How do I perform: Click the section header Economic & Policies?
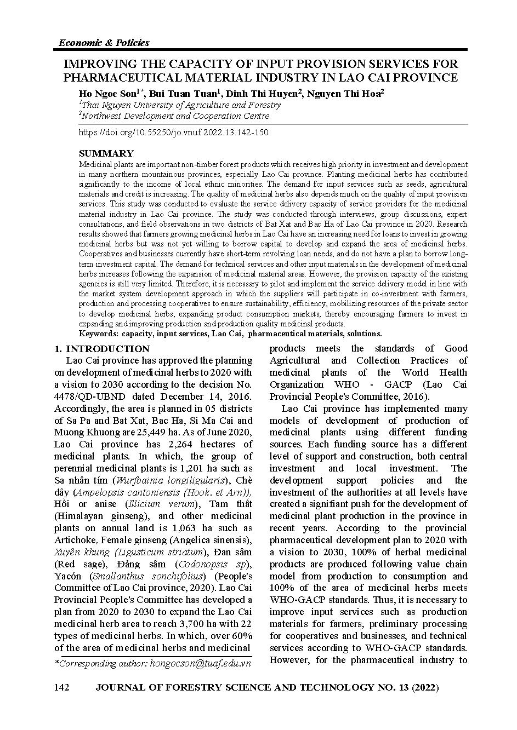point(103,43)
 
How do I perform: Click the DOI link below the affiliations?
point(173,133)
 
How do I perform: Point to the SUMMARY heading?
point(106,153)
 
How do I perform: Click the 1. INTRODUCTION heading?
point(102,349)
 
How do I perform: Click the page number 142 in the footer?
point(61,687)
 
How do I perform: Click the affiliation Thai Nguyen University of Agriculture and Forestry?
point(181,105)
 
